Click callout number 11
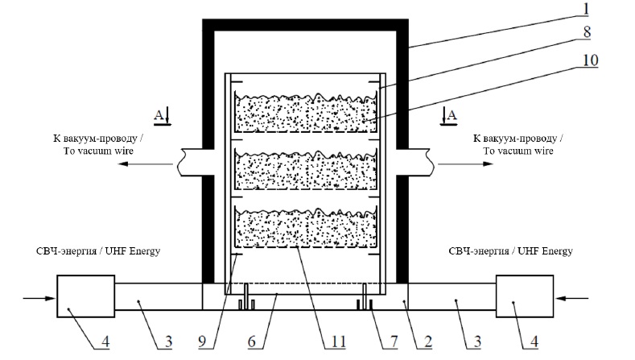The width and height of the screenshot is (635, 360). click(x=333, y=341)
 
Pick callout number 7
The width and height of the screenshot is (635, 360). click(x=391, y=341)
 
